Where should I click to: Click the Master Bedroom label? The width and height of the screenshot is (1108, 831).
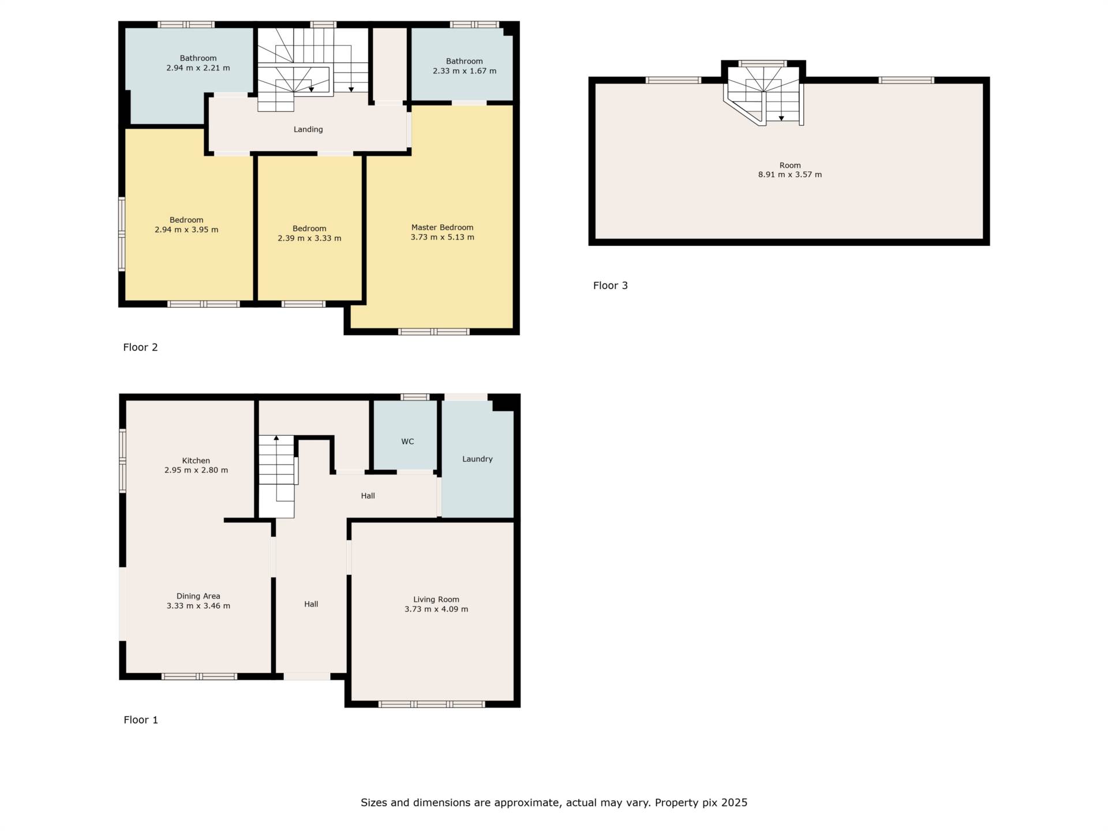click(x=442, y=227)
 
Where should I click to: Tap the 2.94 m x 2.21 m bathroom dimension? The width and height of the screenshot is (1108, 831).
click(x=198, y=68)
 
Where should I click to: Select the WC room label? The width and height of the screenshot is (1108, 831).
click(x=407, y=441)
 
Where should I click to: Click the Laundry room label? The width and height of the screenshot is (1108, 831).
click(x=477, y=459)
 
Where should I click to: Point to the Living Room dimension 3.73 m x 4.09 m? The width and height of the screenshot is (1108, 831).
click(x=436, y=609)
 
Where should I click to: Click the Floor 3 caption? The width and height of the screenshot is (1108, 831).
click(x=610, y=285)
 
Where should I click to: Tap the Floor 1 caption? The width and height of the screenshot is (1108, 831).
click(x=140, y=720)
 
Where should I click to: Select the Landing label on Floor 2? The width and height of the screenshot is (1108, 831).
click(x=308, y=129)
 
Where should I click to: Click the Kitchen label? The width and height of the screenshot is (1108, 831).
click(x=196, y=461)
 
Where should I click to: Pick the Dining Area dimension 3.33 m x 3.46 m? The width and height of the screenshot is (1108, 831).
click(x=198, y=606)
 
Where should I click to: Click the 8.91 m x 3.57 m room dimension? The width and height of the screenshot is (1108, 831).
click(x=789, y=174)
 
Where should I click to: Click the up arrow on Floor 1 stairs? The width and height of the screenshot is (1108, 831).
click(x=276, y=439)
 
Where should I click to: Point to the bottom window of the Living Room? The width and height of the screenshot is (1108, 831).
click(x=432, y=704)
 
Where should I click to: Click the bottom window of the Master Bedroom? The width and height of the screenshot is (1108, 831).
click(x=433, y=331)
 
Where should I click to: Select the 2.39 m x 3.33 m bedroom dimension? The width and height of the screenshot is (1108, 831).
click(x=309, y=238)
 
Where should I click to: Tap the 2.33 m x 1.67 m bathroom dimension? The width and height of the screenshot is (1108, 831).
click(x=464, y=71)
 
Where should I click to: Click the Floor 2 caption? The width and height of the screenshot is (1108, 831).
click(x=140, y=347)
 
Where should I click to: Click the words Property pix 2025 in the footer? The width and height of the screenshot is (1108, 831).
click(x=701, y=803)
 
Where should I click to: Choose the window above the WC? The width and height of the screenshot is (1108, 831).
click(x=415, y=397)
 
